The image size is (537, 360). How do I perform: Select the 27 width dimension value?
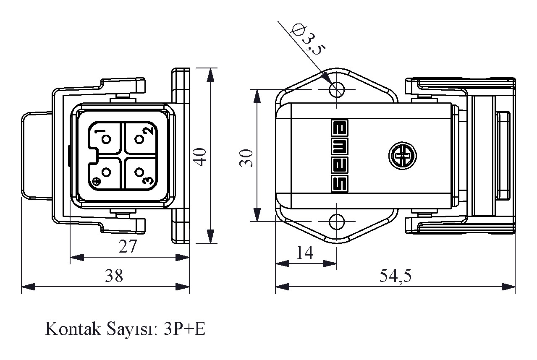coord(128,247)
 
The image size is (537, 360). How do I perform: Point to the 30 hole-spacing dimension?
coord(247,157)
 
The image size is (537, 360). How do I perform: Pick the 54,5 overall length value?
coord(396,276)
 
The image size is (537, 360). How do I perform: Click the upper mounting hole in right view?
coord(337,89)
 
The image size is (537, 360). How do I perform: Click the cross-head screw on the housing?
coord(403,157)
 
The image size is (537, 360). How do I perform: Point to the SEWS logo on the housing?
coord(339,156)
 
